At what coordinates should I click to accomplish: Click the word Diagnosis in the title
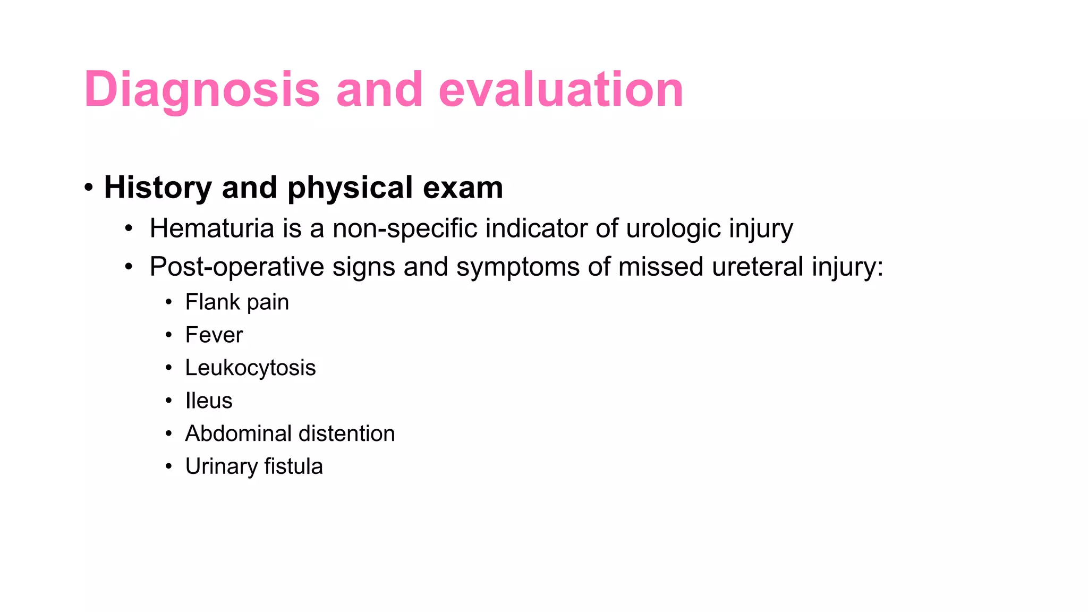(x=202, y=90)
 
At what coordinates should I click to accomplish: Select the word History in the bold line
(x=158, y=188)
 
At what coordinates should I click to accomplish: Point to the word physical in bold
(x=350, y=189)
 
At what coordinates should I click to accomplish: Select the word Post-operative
(x=237, y=267)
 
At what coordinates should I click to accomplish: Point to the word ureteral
(x=758, y=267)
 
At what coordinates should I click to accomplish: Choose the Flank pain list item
(x=237, y=302)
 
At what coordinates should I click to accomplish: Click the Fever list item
(x=214, y=335)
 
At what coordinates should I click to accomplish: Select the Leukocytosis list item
(x=250, y=368)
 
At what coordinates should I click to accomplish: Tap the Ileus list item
(x=209, y=401)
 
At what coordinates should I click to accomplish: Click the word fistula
(x=293, y=466)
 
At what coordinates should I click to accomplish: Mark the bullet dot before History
(x=89, y=188)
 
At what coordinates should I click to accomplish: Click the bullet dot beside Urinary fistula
(x=168, y=467)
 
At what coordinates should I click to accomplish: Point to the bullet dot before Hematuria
(x=129, y=229)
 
